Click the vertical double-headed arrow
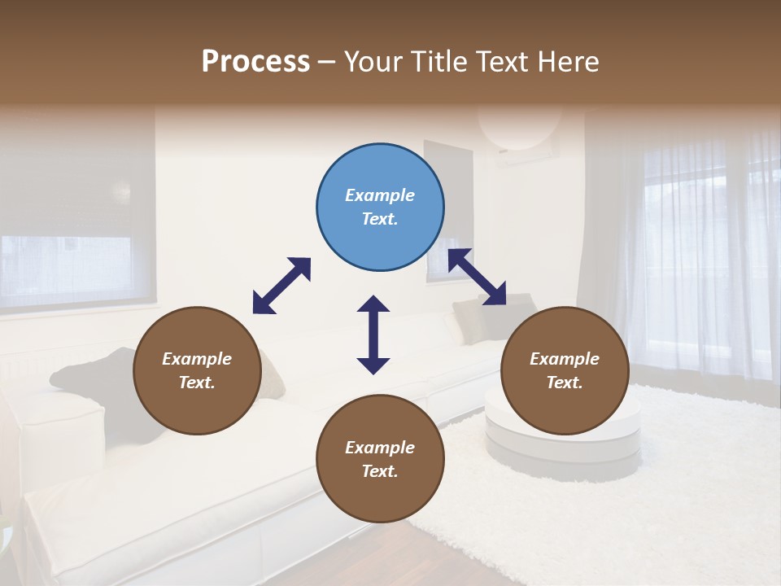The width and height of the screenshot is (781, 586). [x=373, y=335]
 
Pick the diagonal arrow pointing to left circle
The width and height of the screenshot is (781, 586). [x=281, y=286]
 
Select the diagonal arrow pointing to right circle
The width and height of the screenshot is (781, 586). [x=478, y=277]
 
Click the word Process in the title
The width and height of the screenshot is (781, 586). [x=255, y=61]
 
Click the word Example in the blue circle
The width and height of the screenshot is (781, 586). [x=380, y=195]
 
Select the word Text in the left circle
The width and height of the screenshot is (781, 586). [x=197, y=383]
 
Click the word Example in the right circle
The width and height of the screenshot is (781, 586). [x=565, y=359]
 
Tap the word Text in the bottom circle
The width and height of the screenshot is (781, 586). [x=380, y=471]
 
